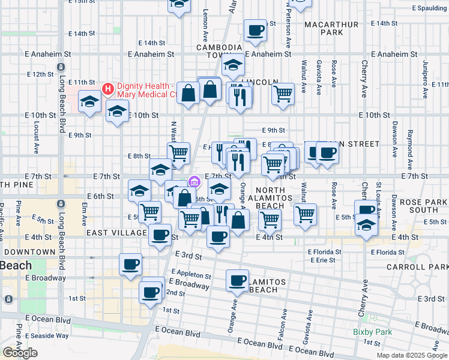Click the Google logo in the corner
tap(20, 353)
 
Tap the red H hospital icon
tap(108, 89)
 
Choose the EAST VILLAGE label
tap(116, 233)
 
